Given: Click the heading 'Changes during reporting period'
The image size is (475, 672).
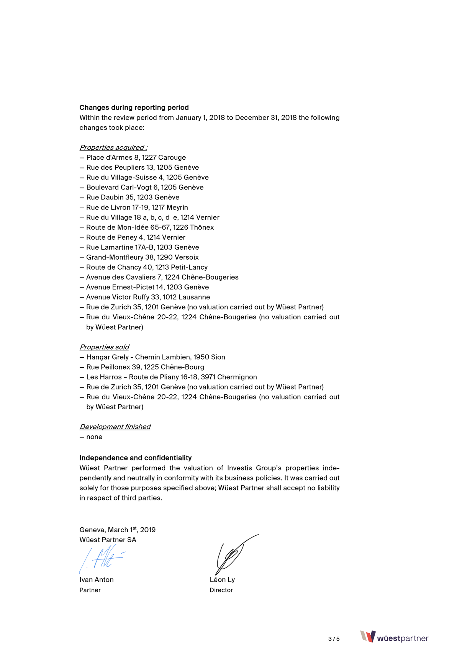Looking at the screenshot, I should [x=134, y=108].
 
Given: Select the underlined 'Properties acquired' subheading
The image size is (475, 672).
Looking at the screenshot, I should [x=113, y=147].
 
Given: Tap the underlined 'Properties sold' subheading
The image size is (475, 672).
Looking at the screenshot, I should [x=104, y=347].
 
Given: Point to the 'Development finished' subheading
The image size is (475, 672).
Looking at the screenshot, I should [x=115, y=427].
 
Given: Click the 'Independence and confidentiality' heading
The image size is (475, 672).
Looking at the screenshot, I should [x=135, y=458].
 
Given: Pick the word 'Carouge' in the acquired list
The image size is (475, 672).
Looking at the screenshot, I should [x=172, y=157].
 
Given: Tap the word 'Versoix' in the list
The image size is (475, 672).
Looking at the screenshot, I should [x=187, y=257].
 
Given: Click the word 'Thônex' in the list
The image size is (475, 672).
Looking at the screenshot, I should [x=202, y=227].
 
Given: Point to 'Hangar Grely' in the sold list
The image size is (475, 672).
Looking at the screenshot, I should [x=108, y=357].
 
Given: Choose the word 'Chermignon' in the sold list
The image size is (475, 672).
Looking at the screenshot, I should [x=237, y=377].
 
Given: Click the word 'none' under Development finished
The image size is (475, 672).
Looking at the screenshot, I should [x=94, y=437].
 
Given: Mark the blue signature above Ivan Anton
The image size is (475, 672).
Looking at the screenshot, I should [x=102, y=559].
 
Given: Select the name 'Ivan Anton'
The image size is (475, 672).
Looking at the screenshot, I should [x=97, y=580].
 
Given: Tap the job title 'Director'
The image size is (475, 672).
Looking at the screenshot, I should [x=221, y=590].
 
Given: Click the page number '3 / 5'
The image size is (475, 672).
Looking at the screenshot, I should [x=334, y=639].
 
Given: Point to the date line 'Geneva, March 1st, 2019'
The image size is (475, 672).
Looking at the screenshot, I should [x=117, y=530].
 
